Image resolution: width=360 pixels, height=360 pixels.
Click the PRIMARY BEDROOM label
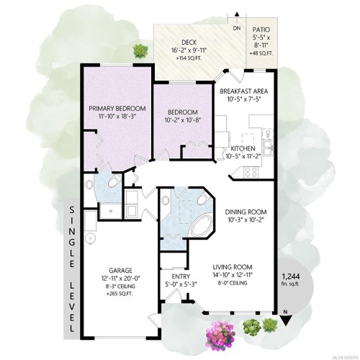117,109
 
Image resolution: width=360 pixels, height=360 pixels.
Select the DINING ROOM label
246,212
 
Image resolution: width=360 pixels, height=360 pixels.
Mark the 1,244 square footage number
290,276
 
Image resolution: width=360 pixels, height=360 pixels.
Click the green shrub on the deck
142,50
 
